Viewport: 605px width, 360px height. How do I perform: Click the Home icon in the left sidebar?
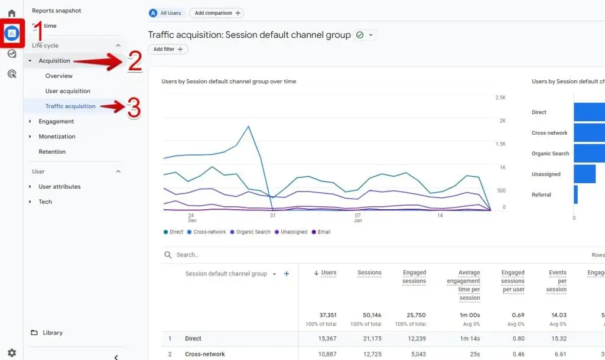pos(12,13)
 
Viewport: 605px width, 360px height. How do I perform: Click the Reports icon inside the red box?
pos(12,34)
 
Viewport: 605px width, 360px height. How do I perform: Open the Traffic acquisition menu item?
pos(70,106)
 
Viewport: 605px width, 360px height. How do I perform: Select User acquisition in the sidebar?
pos(68,91)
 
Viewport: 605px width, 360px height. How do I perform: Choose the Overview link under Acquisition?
pos(59,76)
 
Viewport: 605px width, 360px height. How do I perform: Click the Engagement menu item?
pos(56,121)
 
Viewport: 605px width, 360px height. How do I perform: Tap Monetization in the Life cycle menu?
pos(57,137)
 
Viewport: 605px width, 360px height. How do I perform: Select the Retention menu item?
pos(52,152)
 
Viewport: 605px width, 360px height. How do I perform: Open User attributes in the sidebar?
pos(60,187)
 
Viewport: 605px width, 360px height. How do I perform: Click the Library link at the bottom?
pos(53,333)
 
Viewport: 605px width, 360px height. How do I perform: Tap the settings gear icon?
pos(12,353)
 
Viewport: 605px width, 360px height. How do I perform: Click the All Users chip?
pos(166,13)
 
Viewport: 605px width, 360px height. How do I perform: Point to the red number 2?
pos(135,62)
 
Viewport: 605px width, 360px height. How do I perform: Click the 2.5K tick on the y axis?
pos(500,98)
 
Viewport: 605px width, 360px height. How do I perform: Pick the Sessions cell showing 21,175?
pos(369,339)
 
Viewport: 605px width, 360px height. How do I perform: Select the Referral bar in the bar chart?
pos(575,194)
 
